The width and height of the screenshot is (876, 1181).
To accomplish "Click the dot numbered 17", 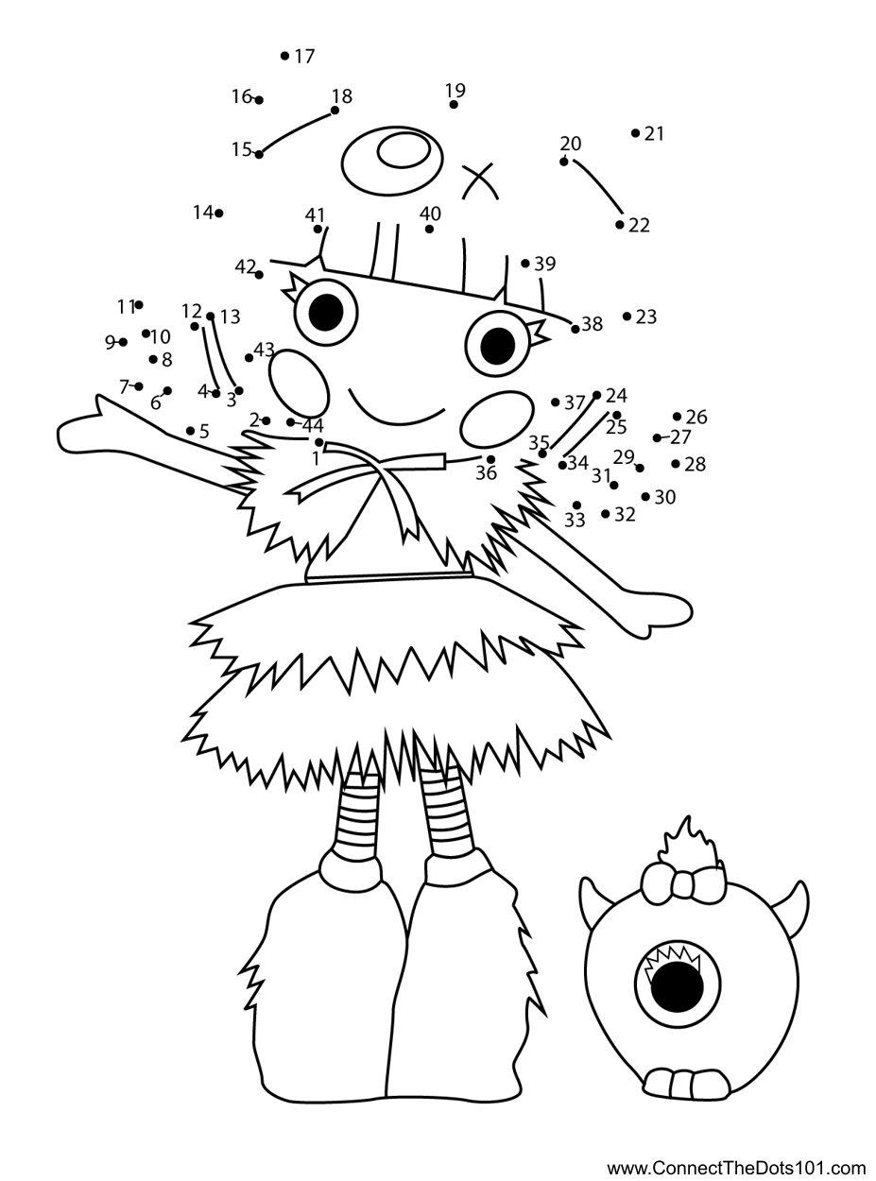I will point(284,56).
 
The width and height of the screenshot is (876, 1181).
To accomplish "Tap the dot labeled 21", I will point(635,133).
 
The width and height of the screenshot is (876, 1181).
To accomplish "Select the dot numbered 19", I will point(454,104).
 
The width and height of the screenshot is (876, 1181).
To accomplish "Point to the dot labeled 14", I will point(218,214).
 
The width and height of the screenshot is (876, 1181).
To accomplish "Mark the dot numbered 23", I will point(627,317).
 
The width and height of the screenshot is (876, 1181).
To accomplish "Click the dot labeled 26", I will point(678,417).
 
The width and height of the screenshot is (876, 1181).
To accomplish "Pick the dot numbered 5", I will point(190,431).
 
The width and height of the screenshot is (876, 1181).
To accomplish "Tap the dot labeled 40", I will point(429,229).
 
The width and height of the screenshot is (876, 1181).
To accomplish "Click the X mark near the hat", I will point(480,180).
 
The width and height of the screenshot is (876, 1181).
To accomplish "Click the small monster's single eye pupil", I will point(677,987).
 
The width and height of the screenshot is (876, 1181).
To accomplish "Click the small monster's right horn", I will point(799,903).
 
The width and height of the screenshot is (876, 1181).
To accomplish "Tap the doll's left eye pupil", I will point(325,312).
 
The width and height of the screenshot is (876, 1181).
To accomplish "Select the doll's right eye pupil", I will point(497,347).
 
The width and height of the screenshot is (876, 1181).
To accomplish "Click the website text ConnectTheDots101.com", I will point(736,1169).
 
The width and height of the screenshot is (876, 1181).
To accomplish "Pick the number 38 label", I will point(593,324).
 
